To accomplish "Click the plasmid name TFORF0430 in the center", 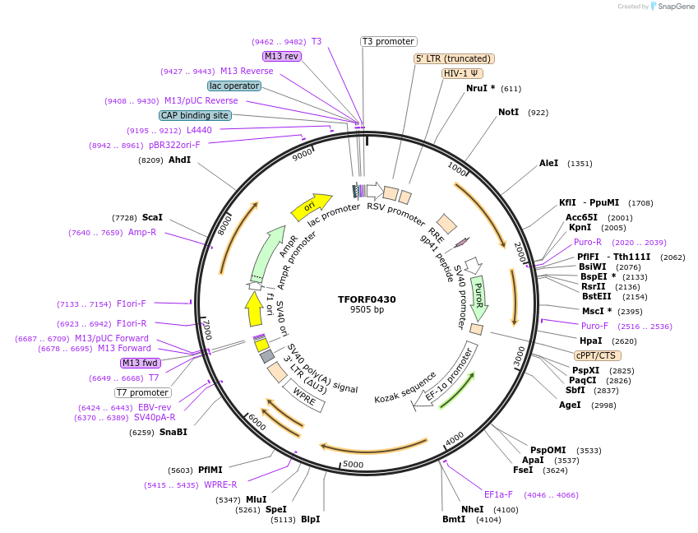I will point(367,299).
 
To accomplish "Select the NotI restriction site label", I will point(508,112).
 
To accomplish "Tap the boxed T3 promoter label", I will point(389,41).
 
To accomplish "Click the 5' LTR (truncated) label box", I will point(453,58).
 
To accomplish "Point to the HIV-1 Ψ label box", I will point(462,73).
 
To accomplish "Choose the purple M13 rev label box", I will point(282,56).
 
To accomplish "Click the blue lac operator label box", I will point(234,86).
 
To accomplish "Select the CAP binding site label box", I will point(195,116).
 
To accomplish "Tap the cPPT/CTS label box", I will point(598,355).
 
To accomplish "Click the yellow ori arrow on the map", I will point(311,206).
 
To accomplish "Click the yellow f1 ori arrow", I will point(255,308).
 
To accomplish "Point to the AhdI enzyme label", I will point(179,160).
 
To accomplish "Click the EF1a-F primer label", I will point(498,494).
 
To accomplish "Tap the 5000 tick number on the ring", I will point(353,465).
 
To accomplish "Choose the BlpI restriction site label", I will point(310,519).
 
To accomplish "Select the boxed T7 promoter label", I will point(143,392).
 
